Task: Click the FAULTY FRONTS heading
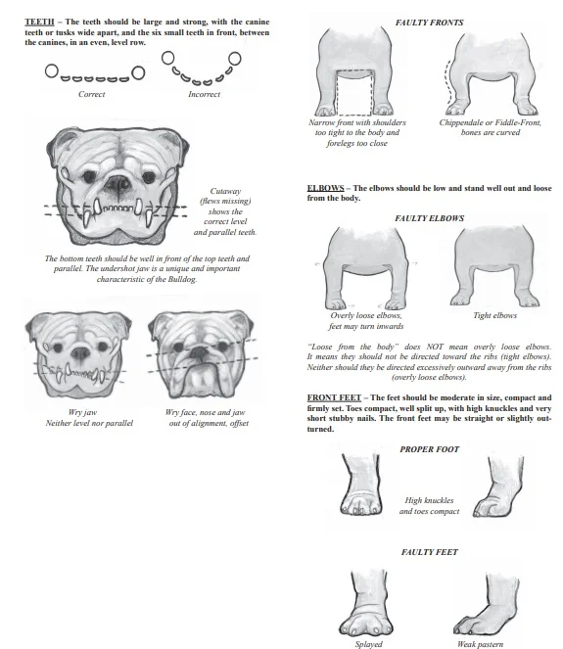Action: click(429, 22)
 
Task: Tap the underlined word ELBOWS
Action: click(325, 188)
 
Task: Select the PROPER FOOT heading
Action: click(429, 449)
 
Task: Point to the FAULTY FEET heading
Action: click(429, 553)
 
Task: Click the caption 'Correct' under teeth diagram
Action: click(92, 95)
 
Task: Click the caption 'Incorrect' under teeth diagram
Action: click(203, 95)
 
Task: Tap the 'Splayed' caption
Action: click(368, 643)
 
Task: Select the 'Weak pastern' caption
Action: click(480, 643)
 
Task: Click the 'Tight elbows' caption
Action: click(493, 315)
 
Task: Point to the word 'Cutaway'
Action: click(226, 192)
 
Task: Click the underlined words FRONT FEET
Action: click(334, 397)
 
